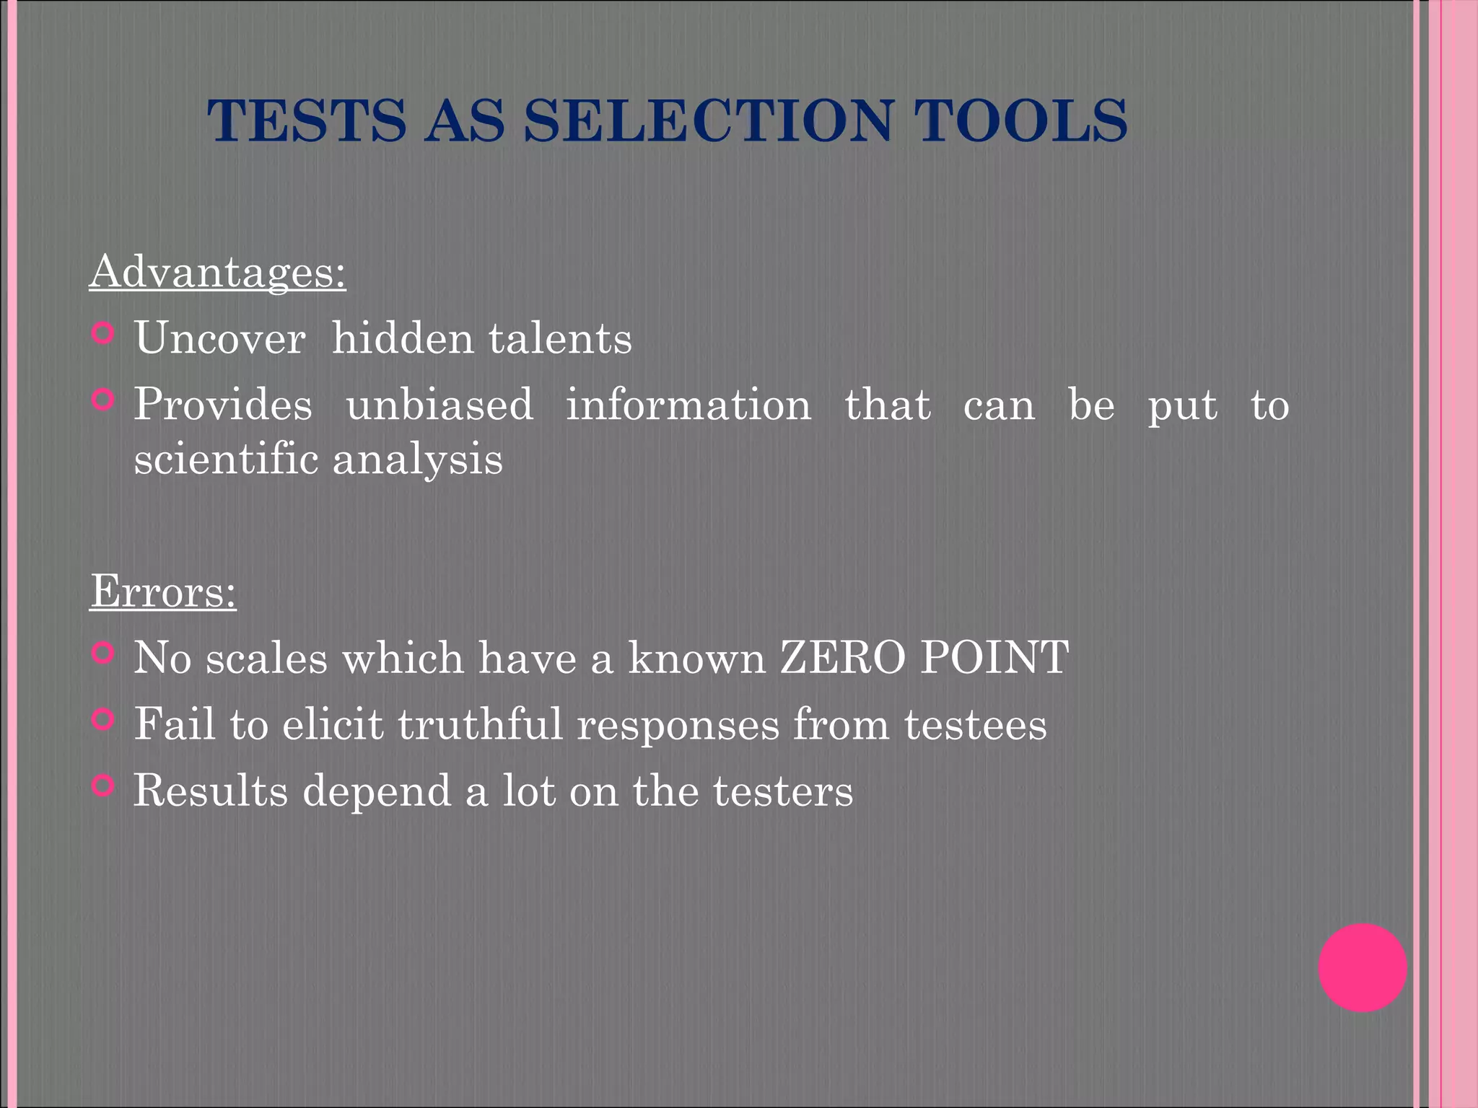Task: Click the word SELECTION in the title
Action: click(x=708, y=120)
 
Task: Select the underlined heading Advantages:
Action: click(x=217, y=272)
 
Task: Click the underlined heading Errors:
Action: click(x=163, y=592)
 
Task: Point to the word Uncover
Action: click(x=219, y=338)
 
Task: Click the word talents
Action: click(x=560, y=338)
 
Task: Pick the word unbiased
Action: click(x=440, y=404)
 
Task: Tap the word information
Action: click(x=688, y=404)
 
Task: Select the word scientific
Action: click(x=226, y=459)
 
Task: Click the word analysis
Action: click(x=417, y=460)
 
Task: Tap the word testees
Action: click(x=975, y=724)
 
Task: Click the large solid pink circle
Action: click(x=1362, y=967)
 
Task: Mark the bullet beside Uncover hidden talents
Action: click(x=104, y=333)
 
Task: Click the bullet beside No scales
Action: click(x=104, y=653)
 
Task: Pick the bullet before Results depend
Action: click(x=104, y=786)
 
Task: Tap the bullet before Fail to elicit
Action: click(x=104, y=719)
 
